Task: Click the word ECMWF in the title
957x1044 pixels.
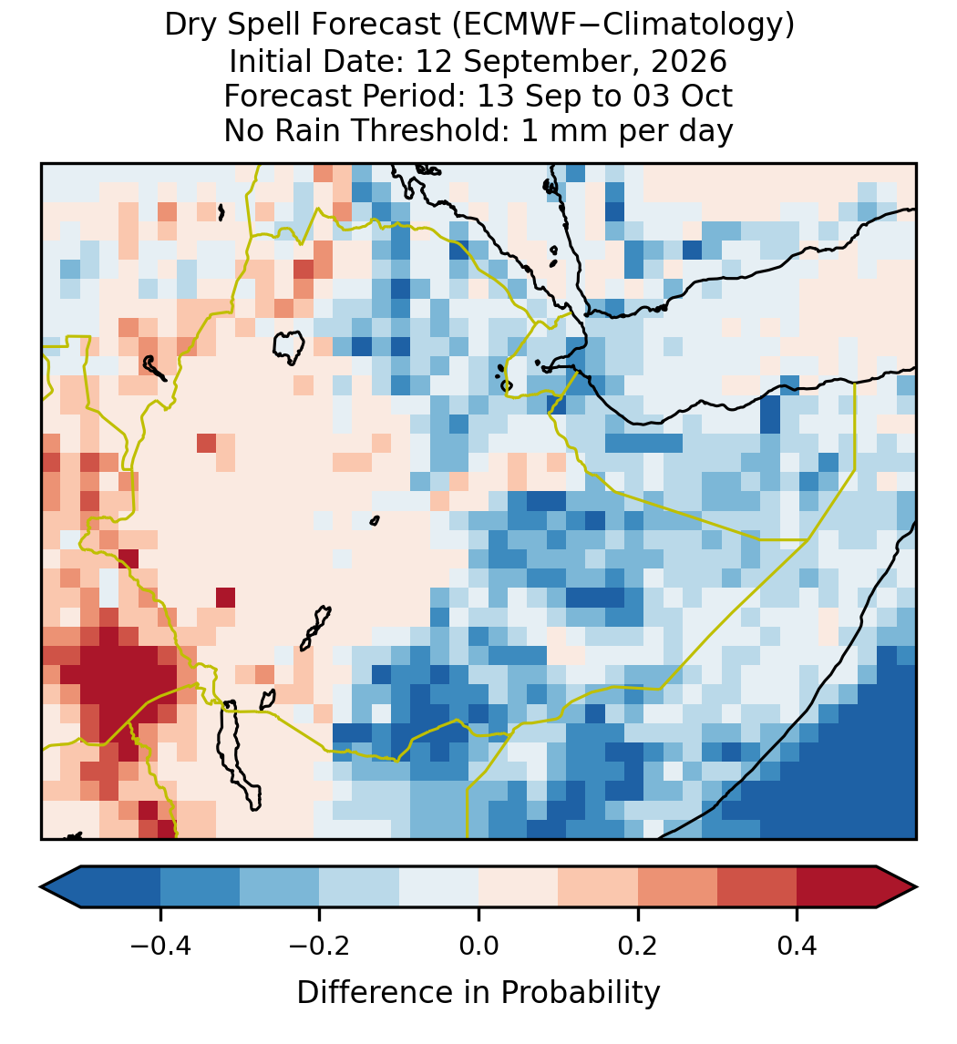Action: (509, 26)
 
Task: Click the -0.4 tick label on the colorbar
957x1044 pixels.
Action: (160, 945)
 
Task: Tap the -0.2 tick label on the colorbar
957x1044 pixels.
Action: (320, 945)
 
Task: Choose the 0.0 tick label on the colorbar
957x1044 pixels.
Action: (478, 945)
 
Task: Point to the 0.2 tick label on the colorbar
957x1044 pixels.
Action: (638, 945)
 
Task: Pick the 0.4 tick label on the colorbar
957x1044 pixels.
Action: (797, 945)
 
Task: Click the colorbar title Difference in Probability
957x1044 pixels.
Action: (478, 993)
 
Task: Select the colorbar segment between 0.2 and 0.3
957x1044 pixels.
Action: (677, 887)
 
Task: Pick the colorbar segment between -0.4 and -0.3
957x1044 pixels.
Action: (200, 887)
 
